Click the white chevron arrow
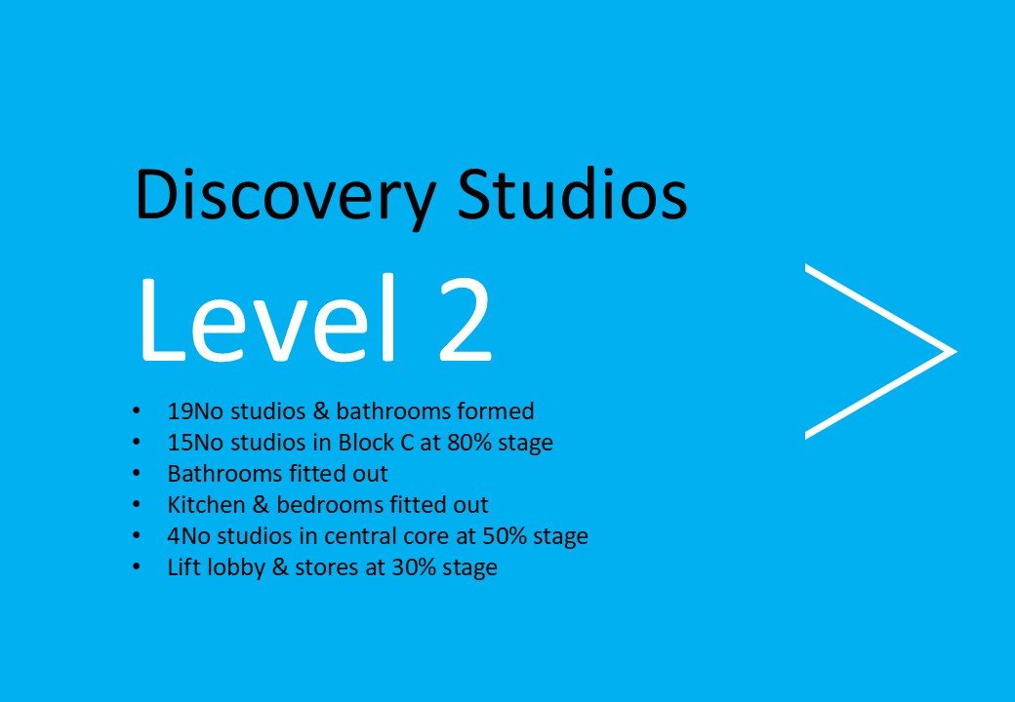click(x=878, y=350)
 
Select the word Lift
click(x=183, y=567)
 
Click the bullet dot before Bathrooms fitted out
click(x=139, y=475)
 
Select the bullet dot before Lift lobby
click(x=139, y=568)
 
